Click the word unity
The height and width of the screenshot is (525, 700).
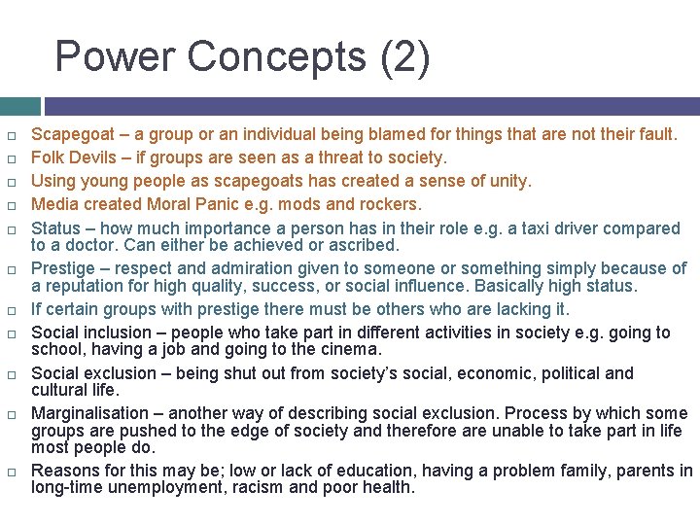pos(507,181)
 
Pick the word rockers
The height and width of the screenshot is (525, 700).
pos(390,204)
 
